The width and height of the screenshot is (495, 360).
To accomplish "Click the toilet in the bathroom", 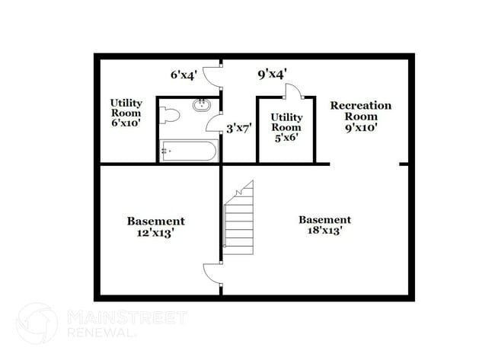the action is (x=170, y=116).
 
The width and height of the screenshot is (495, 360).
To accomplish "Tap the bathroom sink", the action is (x=202, y=105).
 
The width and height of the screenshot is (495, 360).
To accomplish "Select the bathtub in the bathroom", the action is (x=189, y=151).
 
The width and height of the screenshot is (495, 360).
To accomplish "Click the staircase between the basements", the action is (x=238, y=218).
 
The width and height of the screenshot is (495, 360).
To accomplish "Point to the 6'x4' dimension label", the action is (x=184, y=75).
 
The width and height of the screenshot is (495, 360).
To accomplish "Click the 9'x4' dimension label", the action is (x=272, y=75).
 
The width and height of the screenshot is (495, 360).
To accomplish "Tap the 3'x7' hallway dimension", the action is (x=239, y=129).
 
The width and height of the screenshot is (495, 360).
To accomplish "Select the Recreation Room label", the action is (x=361, y=111).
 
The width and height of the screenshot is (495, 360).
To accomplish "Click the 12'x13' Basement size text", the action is (x=155, y=233).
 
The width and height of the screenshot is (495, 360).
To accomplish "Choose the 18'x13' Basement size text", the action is (x=325, y=231).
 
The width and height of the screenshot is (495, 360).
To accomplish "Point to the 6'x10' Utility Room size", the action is (x=126, y=123).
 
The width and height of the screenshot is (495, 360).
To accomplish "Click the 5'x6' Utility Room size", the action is (x=286, y=138).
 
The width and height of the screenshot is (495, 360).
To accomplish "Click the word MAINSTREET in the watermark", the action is (x=127, y=317).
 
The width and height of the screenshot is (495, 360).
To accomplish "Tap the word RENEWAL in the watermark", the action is (x=100, y=333).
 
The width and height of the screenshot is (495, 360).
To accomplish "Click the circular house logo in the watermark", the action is (x=37, y=323).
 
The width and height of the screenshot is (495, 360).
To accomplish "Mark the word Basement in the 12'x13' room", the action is (x=155, y=221).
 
